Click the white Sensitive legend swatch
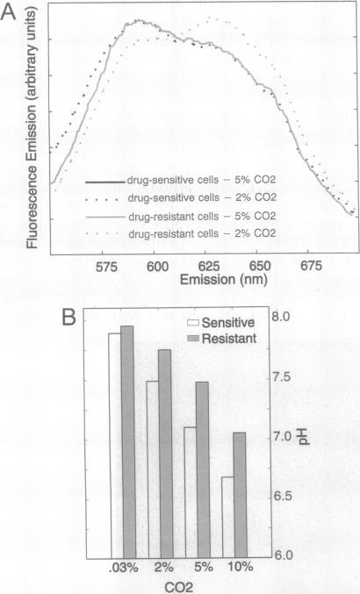(195, 323)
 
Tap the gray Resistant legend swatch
(195, 338)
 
